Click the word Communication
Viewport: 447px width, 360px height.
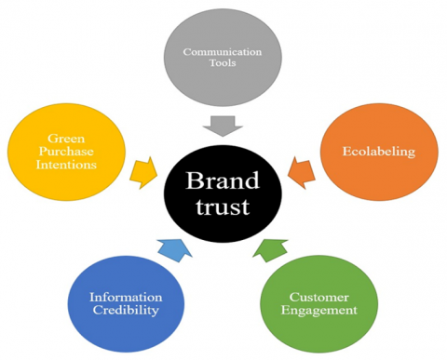point(221,52)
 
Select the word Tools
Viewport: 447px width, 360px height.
point(221,65)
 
